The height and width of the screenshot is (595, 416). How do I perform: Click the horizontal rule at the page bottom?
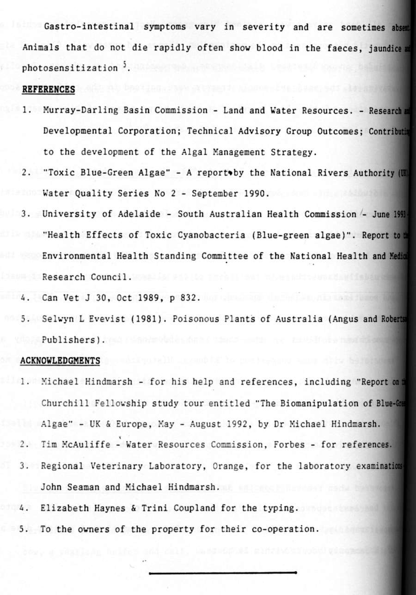tap(223, 572)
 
